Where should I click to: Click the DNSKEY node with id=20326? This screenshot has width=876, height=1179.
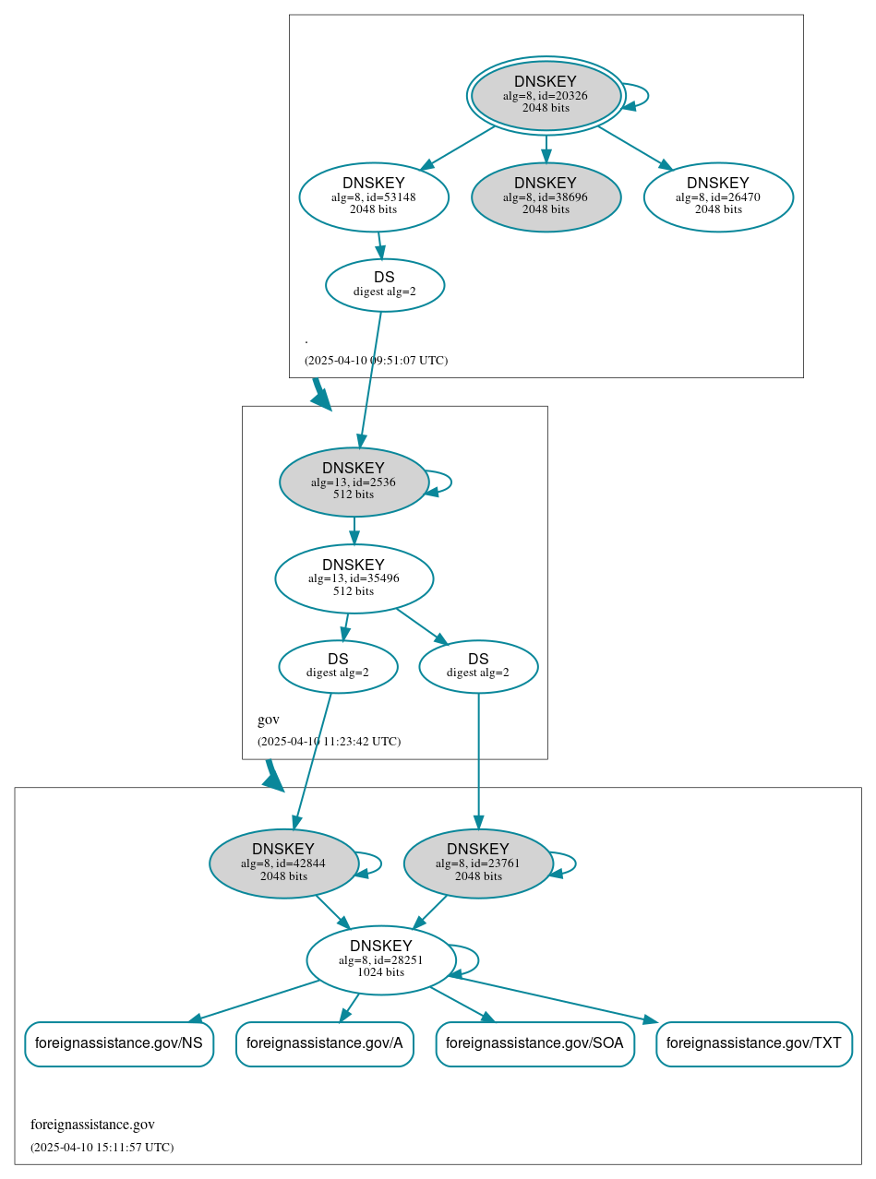coord(546,95)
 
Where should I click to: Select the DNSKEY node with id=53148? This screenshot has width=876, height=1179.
coord(374,196)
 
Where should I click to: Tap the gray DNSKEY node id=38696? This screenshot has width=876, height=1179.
coord(546,196)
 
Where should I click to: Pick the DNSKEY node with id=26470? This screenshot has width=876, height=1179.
coord(718,196)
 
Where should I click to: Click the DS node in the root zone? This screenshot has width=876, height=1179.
coord(385,285)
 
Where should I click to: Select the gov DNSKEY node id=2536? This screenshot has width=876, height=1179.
coord(354,482)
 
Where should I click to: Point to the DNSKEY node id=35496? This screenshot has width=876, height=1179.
coord(354,578)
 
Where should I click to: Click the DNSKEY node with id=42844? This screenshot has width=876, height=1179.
coord(283,863)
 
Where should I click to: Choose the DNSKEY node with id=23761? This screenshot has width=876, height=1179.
coord(478,863)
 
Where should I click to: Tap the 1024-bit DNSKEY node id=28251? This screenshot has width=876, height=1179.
coord(380,959)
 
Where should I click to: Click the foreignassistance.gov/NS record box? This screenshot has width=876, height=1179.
coord(119,1043)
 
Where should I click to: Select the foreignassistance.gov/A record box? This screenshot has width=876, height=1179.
coord(325,1043)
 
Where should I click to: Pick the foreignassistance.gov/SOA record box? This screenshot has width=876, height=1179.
coord(534,1043)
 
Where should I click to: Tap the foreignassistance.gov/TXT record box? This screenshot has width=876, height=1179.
coord(753,1043)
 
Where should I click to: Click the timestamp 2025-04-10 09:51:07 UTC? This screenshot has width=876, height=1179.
coord(376,361)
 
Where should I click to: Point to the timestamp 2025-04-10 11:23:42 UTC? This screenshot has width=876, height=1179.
coord(329,742)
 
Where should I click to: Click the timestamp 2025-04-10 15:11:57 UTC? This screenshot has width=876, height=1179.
coord(102,1148)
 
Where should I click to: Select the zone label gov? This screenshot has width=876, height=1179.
coord(269,720)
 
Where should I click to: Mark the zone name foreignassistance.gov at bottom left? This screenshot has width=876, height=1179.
coord(92,1125)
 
